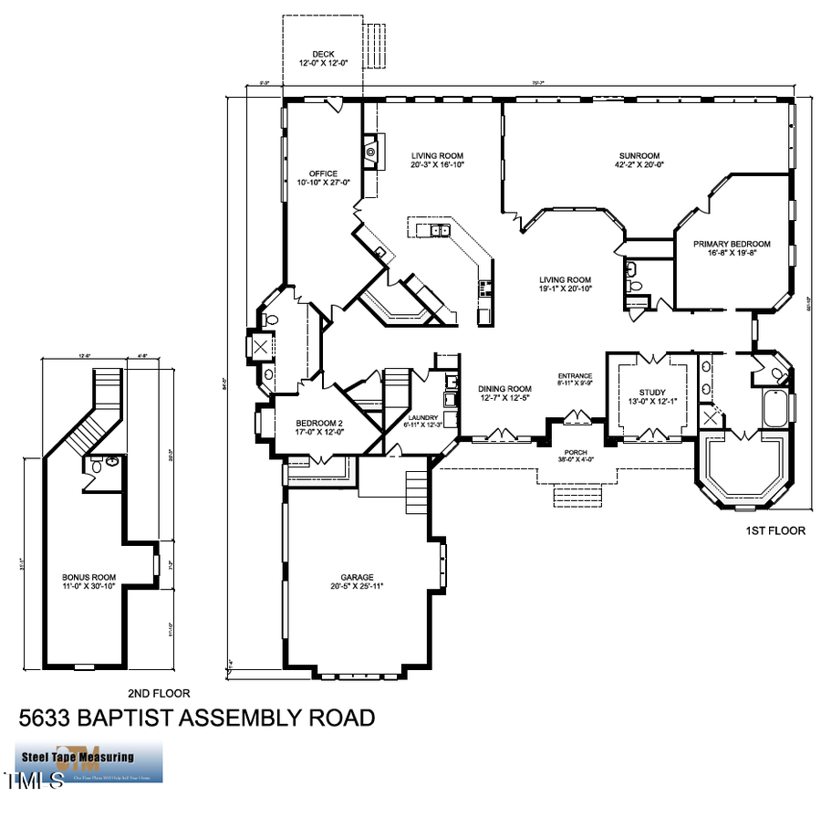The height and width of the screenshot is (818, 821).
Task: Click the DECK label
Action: point(323,54)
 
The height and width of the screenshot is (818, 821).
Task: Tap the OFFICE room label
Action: point(323,173)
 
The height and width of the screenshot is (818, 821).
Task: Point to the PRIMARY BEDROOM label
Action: point(732,244)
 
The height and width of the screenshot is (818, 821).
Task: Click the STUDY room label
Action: point(652,393)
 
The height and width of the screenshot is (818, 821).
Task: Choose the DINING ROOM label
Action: point(504,389)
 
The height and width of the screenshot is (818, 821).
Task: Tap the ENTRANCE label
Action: point(576,376)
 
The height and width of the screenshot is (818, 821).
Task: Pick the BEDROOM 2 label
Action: point(319,422)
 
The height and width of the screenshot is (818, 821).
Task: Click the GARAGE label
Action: point(359,577)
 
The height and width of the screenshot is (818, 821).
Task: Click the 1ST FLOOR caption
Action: point(775,530)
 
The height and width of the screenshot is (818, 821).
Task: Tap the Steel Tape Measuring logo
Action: point(89,762)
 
